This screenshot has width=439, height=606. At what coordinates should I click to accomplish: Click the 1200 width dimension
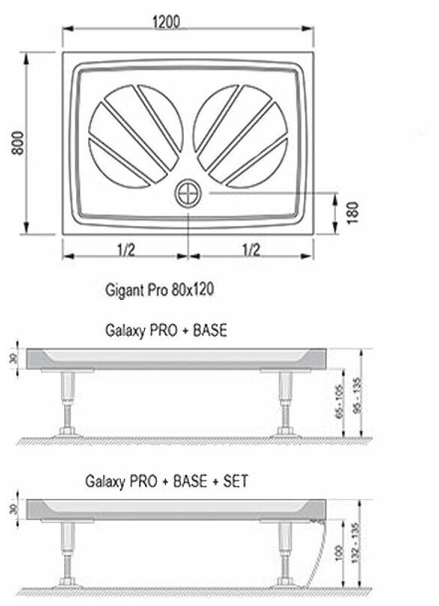(x=166, y=22)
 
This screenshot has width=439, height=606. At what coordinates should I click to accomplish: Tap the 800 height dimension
(x=17, y=143)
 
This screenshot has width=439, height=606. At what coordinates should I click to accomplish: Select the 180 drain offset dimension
(x=352, y=213)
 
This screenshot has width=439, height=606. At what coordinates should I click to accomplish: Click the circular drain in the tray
(x=188, y=193)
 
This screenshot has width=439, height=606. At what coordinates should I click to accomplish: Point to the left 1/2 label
(x=125, y=250)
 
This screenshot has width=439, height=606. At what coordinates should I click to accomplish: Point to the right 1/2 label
(x=251, y=250)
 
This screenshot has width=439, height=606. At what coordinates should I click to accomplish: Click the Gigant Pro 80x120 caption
(x=159, y=290)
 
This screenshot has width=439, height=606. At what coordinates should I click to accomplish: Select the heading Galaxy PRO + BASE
(x=166, y=331)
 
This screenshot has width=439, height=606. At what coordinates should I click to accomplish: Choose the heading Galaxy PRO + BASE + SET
(x=166, y=481)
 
